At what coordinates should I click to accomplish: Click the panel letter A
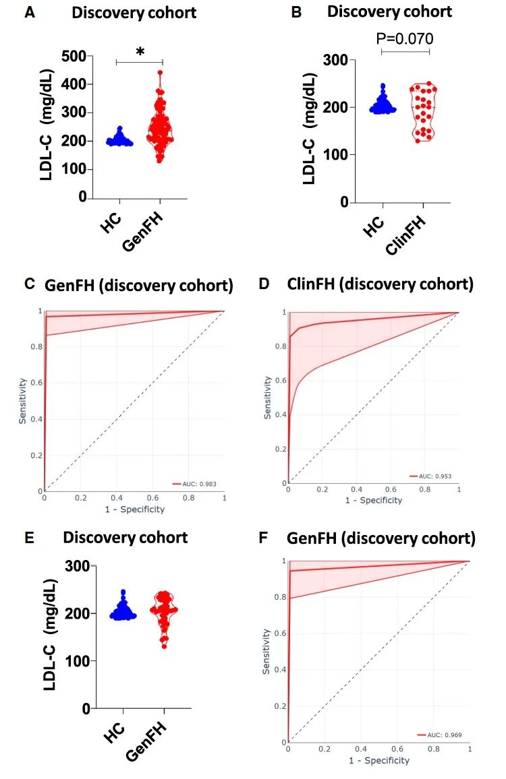(x=29, y=13)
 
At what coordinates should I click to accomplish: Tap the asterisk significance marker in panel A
(x=140, y=52)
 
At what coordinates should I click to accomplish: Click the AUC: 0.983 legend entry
(x=200, y=483)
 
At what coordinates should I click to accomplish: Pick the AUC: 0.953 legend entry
(x=434, y=476)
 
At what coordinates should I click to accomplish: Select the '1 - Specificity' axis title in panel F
(x=378, y=760)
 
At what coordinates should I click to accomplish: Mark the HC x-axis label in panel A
(x=111, y=222)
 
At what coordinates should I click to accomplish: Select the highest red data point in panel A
(x=160, y=72)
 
